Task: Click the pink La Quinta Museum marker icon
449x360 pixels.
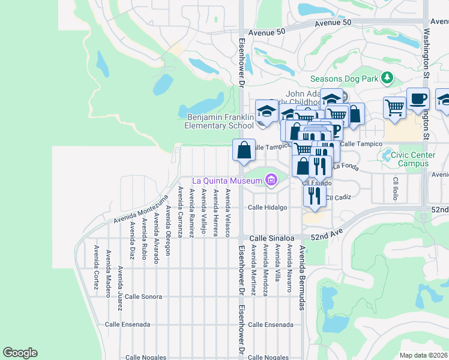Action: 271,180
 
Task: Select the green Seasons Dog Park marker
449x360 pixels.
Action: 387,78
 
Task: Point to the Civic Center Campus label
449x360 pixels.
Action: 413,159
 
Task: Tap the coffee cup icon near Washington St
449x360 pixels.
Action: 418,100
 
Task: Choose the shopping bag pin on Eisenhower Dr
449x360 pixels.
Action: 244,151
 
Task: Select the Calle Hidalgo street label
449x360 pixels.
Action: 268,208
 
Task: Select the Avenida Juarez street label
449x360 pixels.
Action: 120,289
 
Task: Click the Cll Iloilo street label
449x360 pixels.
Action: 396,188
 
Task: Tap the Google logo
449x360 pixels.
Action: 20,353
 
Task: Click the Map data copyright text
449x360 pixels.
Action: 423,355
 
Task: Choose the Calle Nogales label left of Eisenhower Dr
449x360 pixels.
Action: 146,357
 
